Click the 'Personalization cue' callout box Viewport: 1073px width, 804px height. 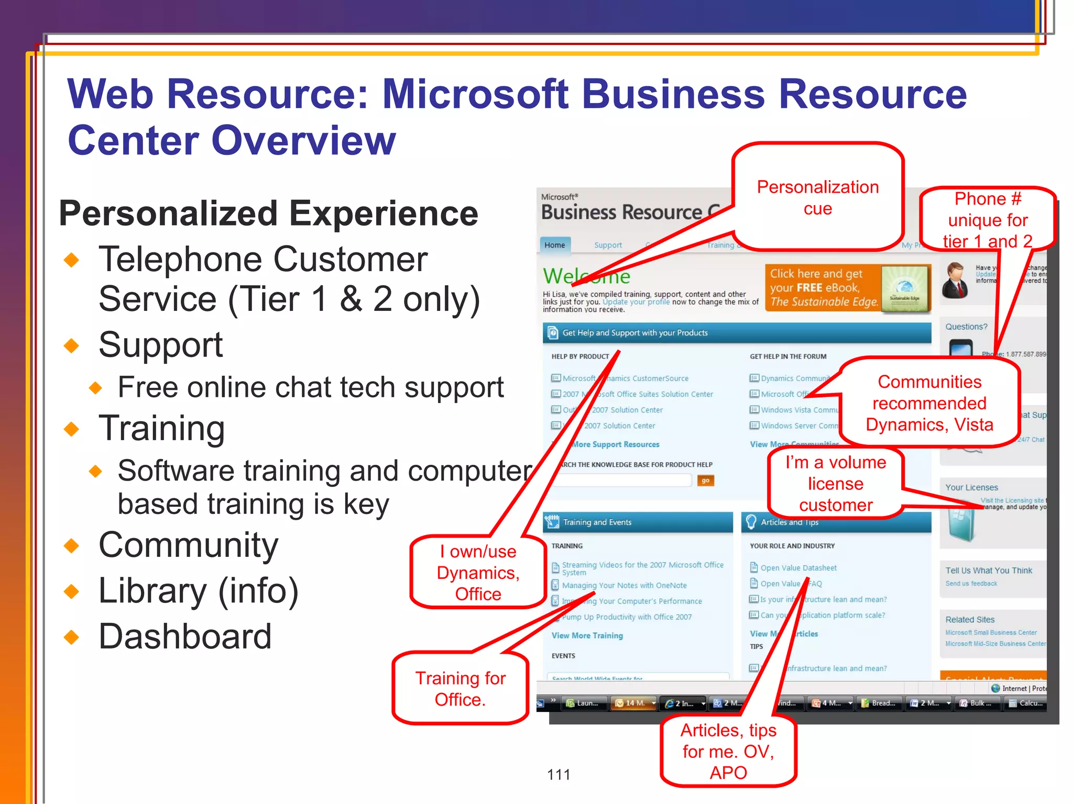[x=817, y=197]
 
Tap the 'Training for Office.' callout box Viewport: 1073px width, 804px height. [x=460, y=688]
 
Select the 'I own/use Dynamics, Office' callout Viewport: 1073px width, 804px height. [x=478, y=572]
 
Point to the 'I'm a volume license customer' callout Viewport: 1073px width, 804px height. [x=835, y=483]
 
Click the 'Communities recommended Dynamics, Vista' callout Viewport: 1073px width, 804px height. [x=929, y=403]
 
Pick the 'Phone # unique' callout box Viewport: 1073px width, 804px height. [x=988, y=219]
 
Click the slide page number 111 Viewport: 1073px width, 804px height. [x=559, y=774]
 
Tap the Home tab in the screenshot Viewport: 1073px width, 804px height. [x=554, y=245]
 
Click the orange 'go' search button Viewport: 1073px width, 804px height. [x=705, y=481]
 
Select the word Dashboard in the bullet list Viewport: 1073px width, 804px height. [x=185, y=636]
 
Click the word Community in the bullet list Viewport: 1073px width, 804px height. [x=188, y=545]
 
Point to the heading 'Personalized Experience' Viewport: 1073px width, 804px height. [x=268, y=214]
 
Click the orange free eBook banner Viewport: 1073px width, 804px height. [x=847, y=288]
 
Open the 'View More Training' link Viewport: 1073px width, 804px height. [x=587, y=635]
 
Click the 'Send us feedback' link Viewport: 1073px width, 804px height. [x=971, y=584]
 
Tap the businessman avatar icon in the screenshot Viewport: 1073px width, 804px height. [x=955, y=281]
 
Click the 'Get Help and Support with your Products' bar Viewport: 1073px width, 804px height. [x=737, y=333]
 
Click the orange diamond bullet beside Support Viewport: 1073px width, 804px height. [x=72, y=345]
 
